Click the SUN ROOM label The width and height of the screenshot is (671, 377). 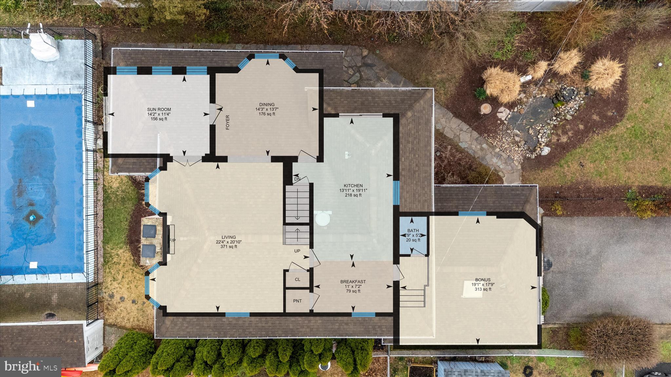point(159,110)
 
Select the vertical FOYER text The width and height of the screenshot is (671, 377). point(227,123)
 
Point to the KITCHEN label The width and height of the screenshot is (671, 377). point(353,186)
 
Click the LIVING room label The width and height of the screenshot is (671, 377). point(228,237)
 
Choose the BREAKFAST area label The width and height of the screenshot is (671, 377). point(353,282)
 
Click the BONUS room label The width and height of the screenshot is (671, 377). point(483,280)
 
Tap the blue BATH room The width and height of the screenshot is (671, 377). point(413,235)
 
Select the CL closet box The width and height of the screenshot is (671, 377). point(297,279)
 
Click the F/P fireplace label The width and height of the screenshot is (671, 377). point(172,241)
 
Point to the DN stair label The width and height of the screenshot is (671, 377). point(297,179)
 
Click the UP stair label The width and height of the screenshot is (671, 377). point(297,251)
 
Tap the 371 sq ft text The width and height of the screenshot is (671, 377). point(228,246)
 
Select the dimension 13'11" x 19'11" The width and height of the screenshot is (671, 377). point(353,190)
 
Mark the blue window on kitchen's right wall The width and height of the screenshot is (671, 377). point(396,192)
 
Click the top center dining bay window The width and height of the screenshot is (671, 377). point(267,56)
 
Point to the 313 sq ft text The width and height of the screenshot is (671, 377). point(483,289)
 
